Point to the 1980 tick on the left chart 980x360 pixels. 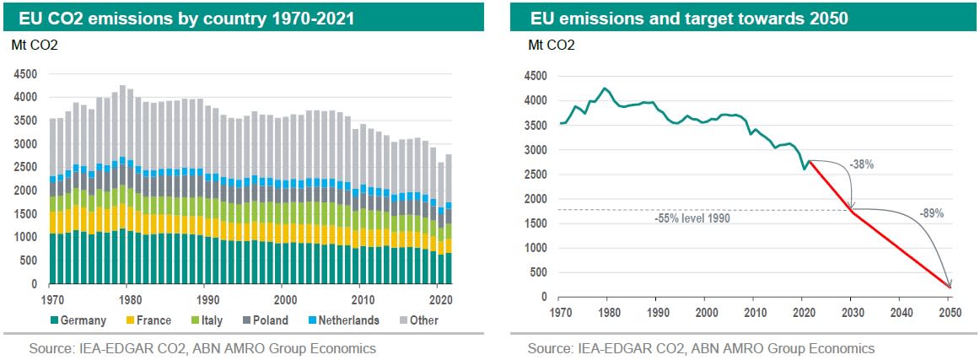(129, 299)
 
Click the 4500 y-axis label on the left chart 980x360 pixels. (26, 74)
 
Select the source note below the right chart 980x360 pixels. (701, 348)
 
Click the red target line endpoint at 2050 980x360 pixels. (950, 287)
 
